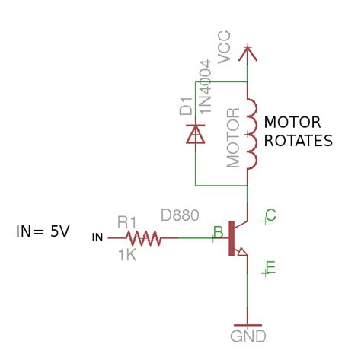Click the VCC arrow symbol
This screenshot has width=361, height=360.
point(248,54)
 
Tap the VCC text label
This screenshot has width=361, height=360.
point(224,47)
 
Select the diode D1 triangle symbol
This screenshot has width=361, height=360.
point(195,134)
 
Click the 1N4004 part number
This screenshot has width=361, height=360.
point(205,87)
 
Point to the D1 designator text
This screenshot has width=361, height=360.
point(186,106)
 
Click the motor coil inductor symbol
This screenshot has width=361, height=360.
point(252,133)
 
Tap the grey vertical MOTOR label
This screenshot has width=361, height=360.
point(233,138)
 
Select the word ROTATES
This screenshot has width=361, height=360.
point(299,141)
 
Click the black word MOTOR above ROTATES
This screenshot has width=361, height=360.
point(292,123)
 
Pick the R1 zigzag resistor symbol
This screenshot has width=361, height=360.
point(143,238)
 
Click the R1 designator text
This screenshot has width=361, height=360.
point(127,222)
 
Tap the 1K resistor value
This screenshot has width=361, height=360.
point(128,255)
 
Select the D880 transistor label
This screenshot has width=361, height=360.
point(180,215)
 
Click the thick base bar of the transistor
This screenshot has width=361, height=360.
point(232,238)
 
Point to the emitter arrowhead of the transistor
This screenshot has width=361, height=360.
point(241,252)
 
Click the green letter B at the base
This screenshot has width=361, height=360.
point(219,232)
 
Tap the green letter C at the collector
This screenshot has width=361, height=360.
point(270,215)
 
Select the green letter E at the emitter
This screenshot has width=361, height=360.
point(270,268)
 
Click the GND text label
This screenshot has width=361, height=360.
point(248,336)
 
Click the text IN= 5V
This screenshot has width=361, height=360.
point(43,231)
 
